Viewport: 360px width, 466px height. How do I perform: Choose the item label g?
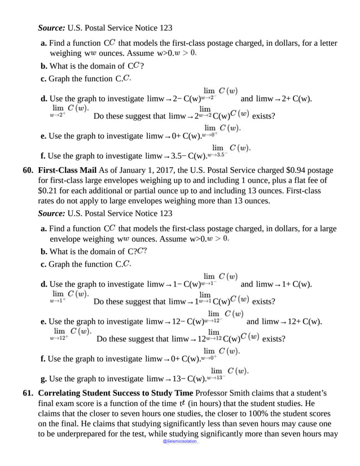click(44, 378)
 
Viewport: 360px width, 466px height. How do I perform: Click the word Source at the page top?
click(51, 27)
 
